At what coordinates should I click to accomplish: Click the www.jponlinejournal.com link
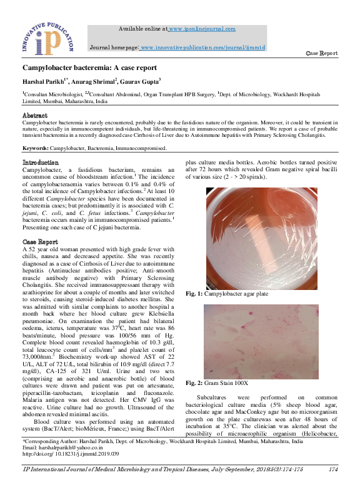point(201,29)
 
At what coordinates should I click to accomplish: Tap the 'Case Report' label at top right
point(321,54)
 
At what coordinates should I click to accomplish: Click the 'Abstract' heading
point(35,116)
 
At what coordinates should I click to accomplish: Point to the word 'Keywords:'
point(36,149)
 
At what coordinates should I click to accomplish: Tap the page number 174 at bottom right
point(334,469)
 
